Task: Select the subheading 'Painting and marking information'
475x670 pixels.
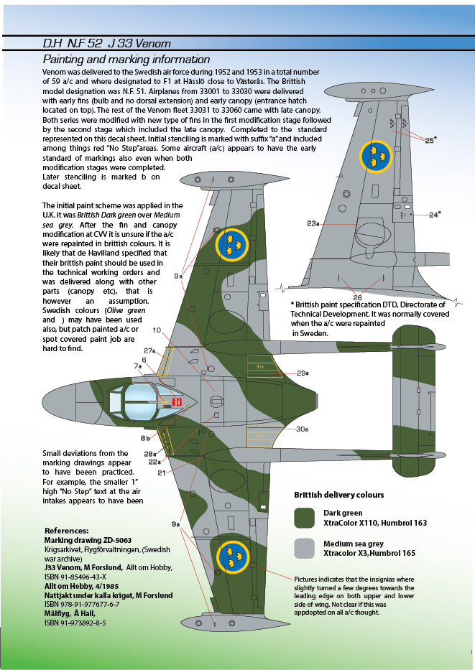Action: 126,60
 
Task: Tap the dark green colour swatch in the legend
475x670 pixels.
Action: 305,518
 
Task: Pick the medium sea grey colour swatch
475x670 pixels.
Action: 305,549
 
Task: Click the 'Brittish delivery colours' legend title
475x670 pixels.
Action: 338,495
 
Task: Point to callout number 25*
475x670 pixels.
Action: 430,140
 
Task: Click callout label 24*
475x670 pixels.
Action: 435,214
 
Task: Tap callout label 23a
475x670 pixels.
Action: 313,224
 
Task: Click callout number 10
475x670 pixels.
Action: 157,330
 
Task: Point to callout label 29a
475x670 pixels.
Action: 303,373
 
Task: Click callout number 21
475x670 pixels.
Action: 162,473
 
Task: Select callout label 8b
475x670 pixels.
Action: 146,438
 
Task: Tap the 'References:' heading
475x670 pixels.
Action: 66,530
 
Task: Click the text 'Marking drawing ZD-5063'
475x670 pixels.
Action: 88,539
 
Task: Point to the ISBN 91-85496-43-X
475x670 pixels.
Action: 75,577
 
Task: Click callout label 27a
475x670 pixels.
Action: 149,350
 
